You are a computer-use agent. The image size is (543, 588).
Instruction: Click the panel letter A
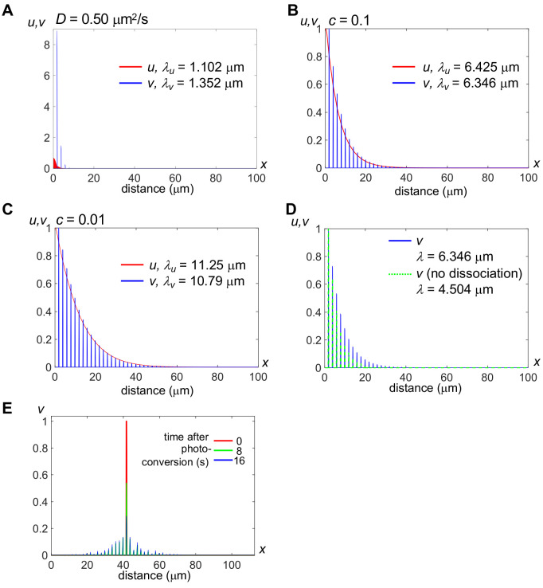coord(7,8)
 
